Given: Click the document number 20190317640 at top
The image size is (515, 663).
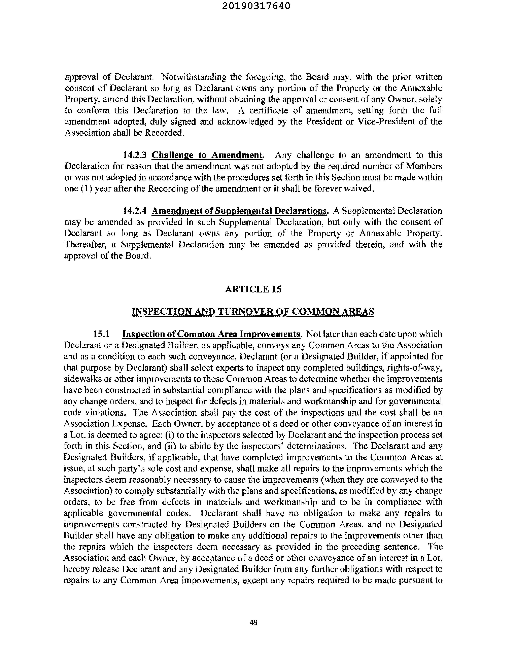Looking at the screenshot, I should pos(256,6).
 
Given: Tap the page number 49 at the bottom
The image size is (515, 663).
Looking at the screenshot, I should pos(253,623).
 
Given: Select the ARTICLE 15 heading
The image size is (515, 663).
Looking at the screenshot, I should pos(253,289).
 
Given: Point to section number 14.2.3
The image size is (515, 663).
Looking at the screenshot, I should pos(135,155).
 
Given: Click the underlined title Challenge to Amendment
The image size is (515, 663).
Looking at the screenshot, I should pos(208,155).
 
